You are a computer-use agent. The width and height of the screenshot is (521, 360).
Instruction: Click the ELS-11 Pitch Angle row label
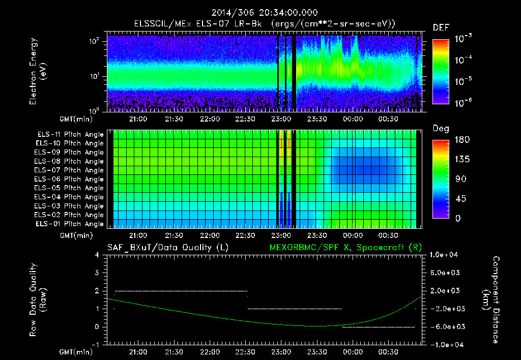coord(69,135)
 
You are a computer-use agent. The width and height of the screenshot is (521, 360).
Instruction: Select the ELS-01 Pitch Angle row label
coord(69,224)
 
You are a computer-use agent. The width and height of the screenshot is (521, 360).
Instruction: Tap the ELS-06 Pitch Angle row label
coord(69,179)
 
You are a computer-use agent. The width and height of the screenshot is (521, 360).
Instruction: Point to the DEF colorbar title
coord(441,27)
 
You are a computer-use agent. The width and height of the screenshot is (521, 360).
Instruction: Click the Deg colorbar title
coord(441,129)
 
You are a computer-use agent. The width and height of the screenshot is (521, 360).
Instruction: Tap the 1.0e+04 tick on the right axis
coord(446,255)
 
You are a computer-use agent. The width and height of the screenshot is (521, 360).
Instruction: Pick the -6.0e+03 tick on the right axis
coord(446,326)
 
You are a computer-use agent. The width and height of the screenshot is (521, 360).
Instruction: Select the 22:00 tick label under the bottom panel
coord(210,352)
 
